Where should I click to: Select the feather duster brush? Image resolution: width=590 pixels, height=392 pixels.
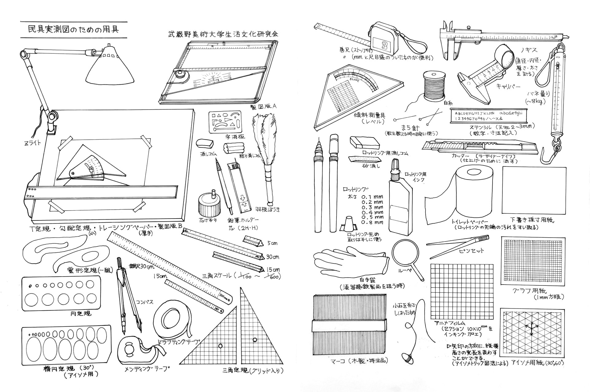[264, 144]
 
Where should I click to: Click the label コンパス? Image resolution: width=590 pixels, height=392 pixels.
[144, 302]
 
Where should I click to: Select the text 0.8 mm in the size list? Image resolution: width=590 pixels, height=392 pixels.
[372, 222]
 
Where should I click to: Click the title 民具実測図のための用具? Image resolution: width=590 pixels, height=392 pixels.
[73, 29]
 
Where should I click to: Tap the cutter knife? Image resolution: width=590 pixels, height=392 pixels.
[479, 147]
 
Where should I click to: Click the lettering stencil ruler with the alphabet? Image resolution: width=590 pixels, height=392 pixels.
[489, 116]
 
